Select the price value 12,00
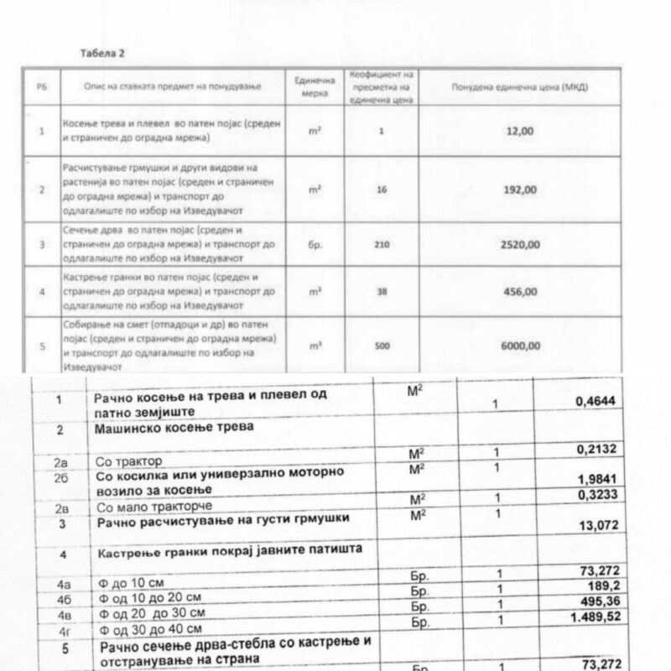coord(520,131)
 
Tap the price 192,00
coord(520,190)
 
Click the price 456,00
coord(520,291)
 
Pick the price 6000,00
coord(520,345)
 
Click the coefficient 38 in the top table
coord(382,291)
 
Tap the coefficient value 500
coord(382,345)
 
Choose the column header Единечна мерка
coord(315,87)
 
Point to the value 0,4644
coord(596,402)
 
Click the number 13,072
coord(599,526)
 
